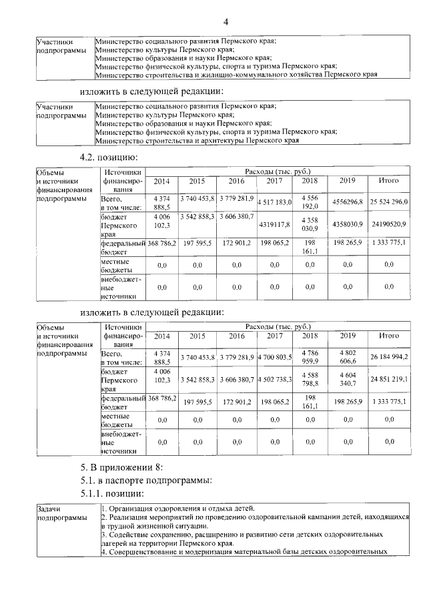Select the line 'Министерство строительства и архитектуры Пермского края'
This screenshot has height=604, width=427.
197,141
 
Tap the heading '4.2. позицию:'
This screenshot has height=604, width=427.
109,158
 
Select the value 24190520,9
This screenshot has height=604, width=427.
388,224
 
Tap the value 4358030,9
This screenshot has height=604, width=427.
347,224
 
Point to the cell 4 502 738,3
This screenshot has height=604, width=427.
274,379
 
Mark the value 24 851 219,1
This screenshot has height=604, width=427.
388,379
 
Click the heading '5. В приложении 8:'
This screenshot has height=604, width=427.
117,467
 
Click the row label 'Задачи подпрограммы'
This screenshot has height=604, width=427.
61,513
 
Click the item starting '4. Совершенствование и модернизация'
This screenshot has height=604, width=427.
244,552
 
